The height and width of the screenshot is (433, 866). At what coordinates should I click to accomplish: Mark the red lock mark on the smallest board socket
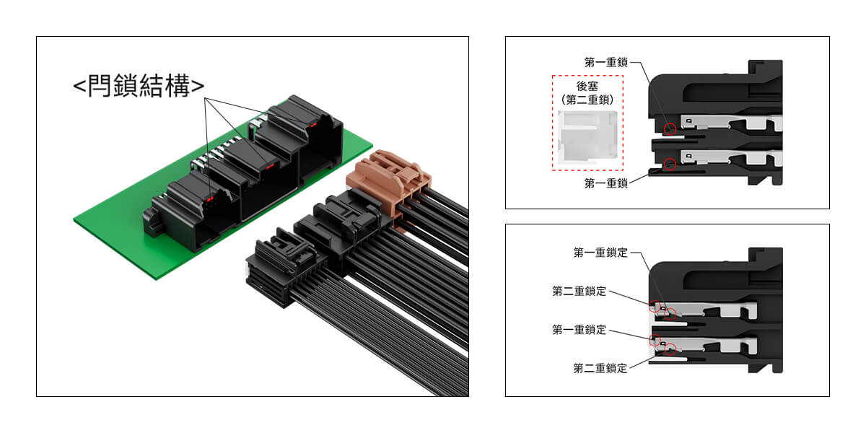[x=211, y=197]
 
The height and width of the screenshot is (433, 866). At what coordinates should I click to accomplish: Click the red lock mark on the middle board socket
[x=268, y=165]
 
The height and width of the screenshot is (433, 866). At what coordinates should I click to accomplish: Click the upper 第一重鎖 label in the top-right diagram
[x=606, y=62]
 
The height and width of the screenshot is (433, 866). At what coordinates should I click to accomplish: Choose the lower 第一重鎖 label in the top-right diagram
[x=606, y=184]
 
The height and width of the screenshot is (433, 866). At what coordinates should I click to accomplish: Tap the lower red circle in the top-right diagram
[x=670, y=163]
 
